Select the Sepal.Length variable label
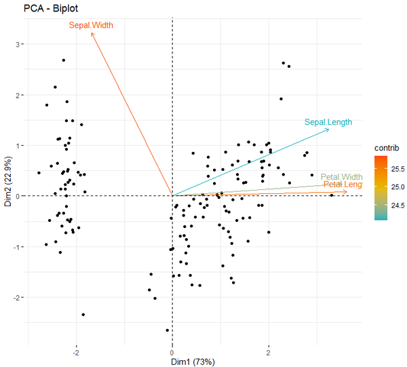pyautogui.click(x=328, y=122)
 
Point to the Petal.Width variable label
pyautogui.click(x=342, y=176)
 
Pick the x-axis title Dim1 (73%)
pyautogui.click(x=193, y=362)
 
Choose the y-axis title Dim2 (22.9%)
pyautogui.click(x=7, y=183)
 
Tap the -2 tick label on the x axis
pyautogui.click(x=76, y=352)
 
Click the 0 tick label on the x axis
pyautogui.click(x=172, y=352)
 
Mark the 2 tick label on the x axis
pyautogui.click(x=269, y=352)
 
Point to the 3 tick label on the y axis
pyautogui.click(x=20, y=45)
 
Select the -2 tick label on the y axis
pyautogui.click(x=18, y=297)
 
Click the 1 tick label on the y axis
pyautogui.click(x=20, y=146)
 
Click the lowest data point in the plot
pyautogui.click(x=168, y=330)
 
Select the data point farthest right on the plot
pyautogui.click(x=332, y=195)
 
